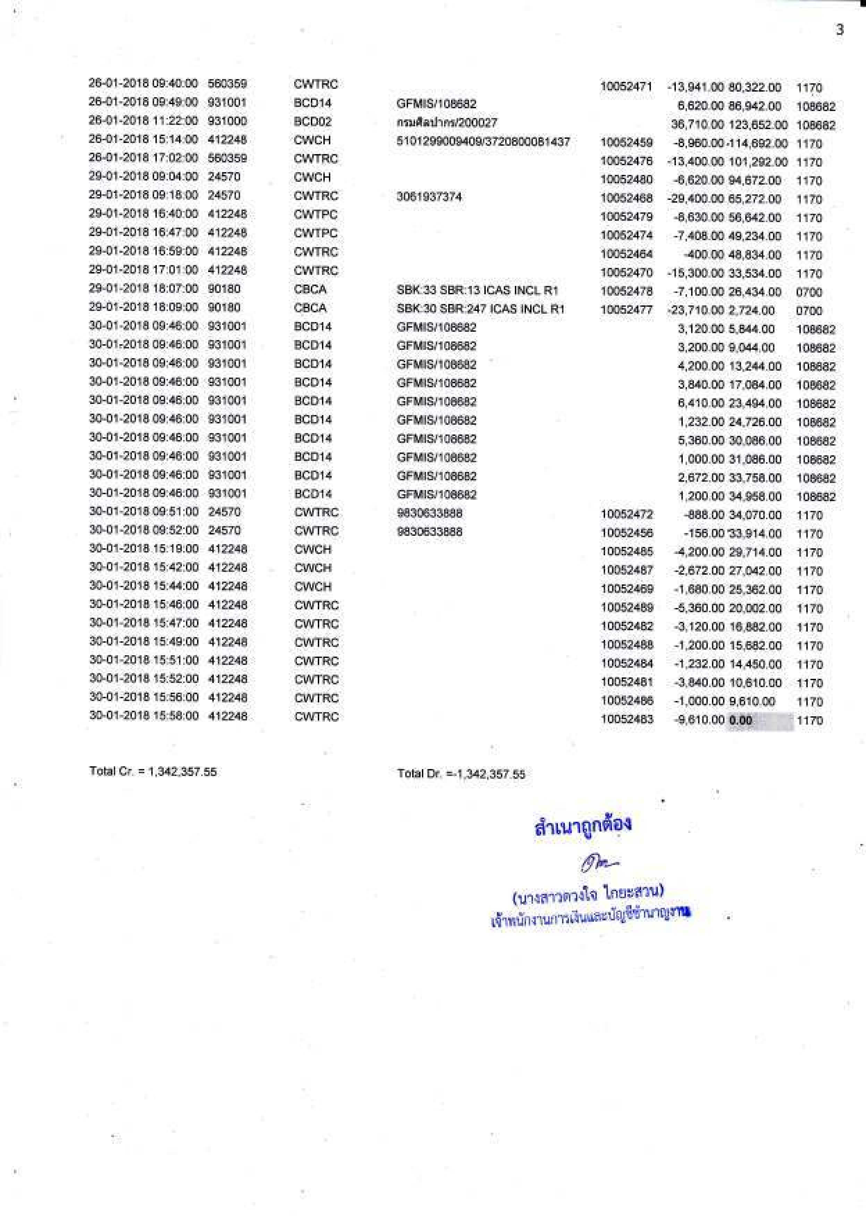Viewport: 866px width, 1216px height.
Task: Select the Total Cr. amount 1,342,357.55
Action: click(182, 772)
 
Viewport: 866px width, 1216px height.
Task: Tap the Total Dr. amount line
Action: click(461, 774)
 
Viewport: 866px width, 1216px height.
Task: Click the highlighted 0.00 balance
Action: click(741, 720)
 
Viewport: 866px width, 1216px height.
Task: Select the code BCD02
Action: click(313, 121)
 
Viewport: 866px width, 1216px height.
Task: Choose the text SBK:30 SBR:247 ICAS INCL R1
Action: click(481, 309)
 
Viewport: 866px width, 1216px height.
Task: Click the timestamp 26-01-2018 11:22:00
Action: click(143, 121)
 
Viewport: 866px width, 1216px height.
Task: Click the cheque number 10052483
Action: click(627, 719)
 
